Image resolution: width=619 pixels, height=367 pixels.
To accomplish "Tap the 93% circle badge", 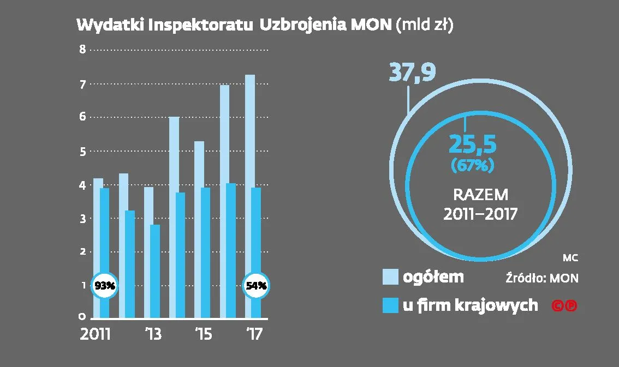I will (x=104, y=285).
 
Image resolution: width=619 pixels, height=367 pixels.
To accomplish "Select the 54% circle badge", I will (x=256, y=285).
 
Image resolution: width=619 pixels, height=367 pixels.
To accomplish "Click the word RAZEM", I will (x=480, y=195).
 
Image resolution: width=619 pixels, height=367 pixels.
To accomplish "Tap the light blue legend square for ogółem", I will (x=390, y=276).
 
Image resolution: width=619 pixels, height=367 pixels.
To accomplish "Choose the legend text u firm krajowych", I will (x=470, y=305).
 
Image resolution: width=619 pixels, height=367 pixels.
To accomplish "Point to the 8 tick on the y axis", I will (x=83, y=50).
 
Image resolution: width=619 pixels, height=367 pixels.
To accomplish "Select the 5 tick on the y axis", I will (x=83, y=152).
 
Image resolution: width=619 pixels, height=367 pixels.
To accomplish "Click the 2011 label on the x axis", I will (x=95, y=334).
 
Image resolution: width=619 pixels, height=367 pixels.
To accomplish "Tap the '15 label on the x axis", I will (x=203, y=334).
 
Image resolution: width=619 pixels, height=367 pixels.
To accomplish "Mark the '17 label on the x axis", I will (x=254, y=334).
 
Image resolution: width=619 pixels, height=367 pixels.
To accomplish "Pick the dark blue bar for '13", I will (x=155, y=270).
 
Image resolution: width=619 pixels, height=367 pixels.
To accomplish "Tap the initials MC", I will (x=570, y=258).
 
